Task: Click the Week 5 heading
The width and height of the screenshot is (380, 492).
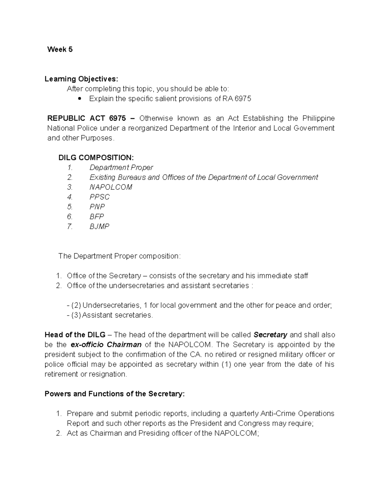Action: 60,49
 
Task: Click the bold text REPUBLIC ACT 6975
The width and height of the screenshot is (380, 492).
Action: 86,118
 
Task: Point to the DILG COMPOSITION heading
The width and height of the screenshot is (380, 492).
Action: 96,158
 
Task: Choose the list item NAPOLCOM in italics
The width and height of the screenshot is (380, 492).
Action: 111,187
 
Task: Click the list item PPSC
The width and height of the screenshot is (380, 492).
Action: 99,197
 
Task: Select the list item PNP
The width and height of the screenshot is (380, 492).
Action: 97,207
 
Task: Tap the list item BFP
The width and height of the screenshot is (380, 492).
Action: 97,217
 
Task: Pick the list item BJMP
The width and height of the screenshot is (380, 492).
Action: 99,227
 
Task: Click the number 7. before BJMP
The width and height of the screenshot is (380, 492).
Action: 70,227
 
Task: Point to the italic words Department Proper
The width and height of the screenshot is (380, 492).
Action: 121,168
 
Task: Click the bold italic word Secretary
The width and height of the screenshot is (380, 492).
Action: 270,335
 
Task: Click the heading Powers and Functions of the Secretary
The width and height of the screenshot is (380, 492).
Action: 114,394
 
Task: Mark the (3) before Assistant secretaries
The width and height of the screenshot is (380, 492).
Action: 76,315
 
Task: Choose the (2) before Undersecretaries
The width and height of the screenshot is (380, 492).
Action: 76,305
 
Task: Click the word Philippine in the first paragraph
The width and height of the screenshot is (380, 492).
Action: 318,118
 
